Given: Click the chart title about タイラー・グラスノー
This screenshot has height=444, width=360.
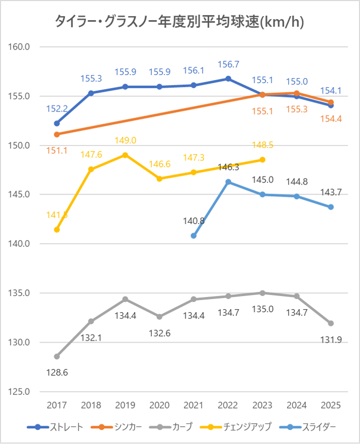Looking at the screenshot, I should pos(180,22).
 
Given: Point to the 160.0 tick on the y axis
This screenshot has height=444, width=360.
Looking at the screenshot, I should pos(21,47).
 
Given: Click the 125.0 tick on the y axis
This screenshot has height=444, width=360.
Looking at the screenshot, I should pos(21,392).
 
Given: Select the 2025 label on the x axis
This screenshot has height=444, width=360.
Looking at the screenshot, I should pos(331,406).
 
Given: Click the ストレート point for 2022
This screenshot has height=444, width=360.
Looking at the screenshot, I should pos(228,79).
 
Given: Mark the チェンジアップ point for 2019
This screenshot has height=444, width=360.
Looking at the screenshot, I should pos(126,155).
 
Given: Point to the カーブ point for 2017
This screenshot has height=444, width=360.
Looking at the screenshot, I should pos(57,356).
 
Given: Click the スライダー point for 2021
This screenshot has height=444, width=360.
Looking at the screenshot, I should pos(194,236).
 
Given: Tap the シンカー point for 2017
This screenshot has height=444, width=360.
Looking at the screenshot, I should pos(57,134).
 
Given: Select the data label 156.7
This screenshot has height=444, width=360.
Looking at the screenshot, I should pos(228,65).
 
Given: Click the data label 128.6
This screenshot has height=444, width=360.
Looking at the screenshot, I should pos(57,373).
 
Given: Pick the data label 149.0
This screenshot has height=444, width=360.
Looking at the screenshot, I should pos(126,141).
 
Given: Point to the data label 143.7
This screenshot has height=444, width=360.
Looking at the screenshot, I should pos(331,193).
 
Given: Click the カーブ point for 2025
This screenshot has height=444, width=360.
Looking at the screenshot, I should pos(331,323).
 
